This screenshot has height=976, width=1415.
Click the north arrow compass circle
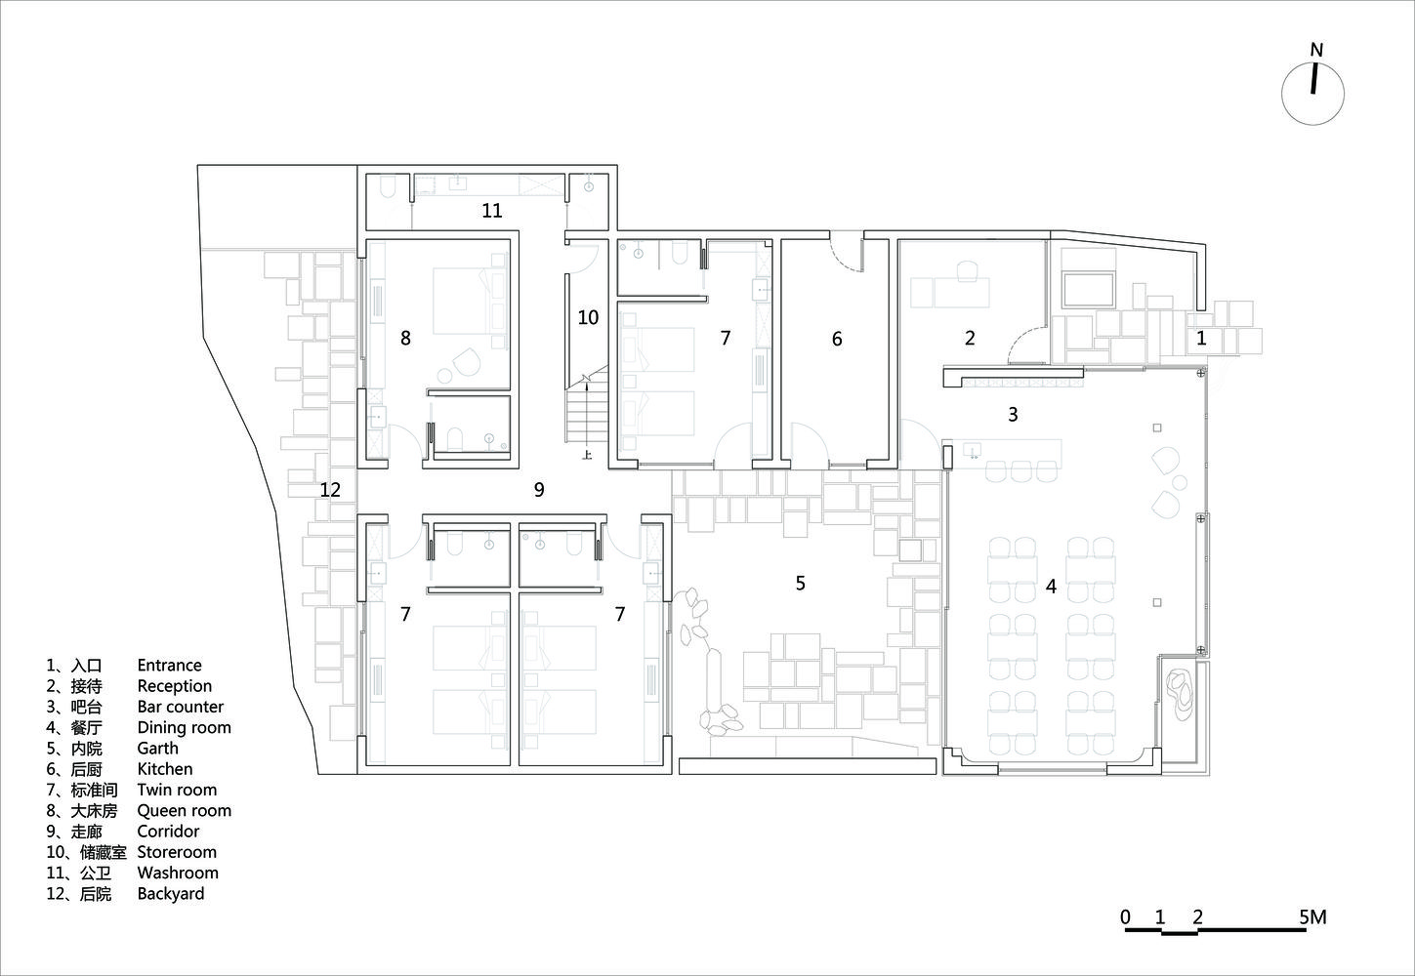click(x=1282, y=95)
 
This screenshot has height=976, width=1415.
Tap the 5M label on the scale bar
click(x=1312, y=917)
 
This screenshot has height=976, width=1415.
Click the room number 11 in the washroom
click(x=491, y=210)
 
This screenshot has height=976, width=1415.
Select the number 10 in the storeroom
click(x=588, y=317)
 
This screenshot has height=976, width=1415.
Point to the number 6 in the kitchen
click(x=837, y=339)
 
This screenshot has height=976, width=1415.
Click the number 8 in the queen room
click(x=405, y=338)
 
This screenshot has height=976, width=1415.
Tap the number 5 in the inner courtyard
click(x=801, y=583)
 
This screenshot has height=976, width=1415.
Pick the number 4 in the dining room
click(x=1051, y=587)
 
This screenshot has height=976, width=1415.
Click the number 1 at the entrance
click(x=1201, y=339)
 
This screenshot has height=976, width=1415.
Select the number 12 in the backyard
click(x=330, y=490)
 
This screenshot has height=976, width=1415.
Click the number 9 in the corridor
click(x=539, y=489)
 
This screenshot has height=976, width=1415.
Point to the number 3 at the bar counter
click(x=1014, y=414)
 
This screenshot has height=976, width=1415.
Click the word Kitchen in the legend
click(x=165, y=769)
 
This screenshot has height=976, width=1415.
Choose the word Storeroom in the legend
click(x=177, y=852)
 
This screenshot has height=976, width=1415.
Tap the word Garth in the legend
click(x=158, y=748)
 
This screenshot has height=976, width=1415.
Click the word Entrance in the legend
click(x=169, y=666)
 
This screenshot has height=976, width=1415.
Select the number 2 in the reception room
click(x=970, y=339)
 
